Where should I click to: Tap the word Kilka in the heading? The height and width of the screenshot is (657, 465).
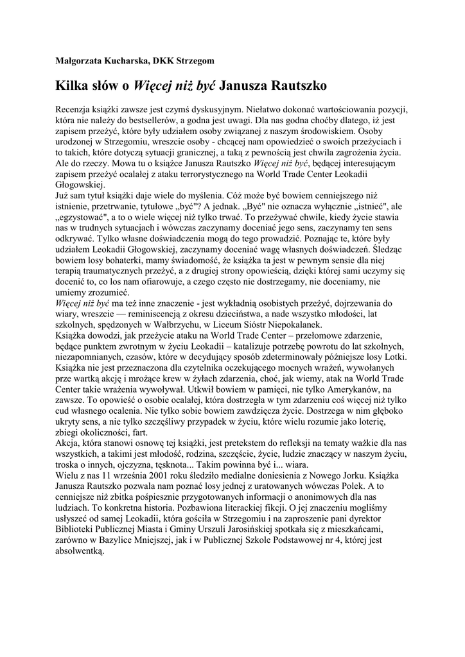coord(73,85)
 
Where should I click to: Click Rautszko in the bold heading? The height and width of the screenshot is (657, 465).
coord(299,85)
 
